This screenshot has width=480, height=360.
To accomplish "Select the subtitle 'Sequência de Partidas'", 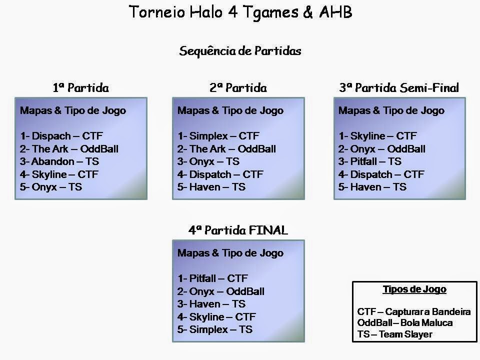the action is (240, 51).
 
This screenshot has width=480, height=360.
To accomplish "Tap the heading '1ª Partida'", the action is (81, 87).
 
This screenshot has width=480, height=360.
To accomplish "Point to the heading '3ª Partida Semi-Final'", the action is (399, 87).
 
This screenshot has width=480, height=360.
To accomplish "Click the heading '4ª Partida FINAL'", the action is (238, 230).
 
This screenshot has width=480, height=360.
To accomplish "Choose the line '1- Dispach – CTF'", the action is (61, 135).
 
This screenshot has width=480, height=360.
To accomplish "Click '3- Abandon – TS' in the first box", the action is (59, 161).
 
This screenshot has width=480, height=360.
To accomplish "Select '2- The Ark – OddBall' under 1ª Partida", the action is (69, 149).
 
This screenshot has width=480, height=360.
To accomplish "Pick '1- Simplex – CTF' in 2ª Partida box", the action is (218, 135).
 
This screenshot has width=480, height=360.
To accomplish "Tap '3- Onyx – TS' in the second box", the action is (208, 161).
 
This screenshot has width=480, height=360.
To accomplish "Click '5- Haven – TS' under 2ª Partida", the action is (211, 186).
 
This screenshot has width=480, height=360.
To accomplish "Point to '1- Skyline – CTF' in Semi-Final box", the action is (378, 135).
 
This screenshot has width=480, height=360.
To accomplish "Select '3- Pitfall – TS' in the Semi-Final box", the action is (370, 161).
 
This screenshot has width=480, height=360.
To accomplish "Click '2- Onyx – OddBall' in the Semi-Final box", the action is (382, 149).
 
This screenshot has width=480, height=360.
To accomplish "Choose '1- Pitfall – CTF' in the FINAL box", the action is (213, 278).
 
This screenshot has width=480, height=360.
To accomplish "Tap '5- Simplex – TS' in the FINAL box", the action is (215, 329).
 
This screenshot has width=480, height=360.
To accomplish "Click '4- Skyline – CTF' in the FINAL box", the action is (216, 316).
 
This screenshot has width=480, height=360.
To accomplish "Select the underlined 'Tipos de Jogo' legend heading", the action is (414, 289).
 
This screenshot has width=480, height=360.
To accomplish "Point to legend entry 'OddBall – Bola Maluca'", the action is (405, 322).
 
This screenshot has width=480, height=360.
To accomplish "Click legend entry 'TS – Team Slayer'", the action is (395, 334).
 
